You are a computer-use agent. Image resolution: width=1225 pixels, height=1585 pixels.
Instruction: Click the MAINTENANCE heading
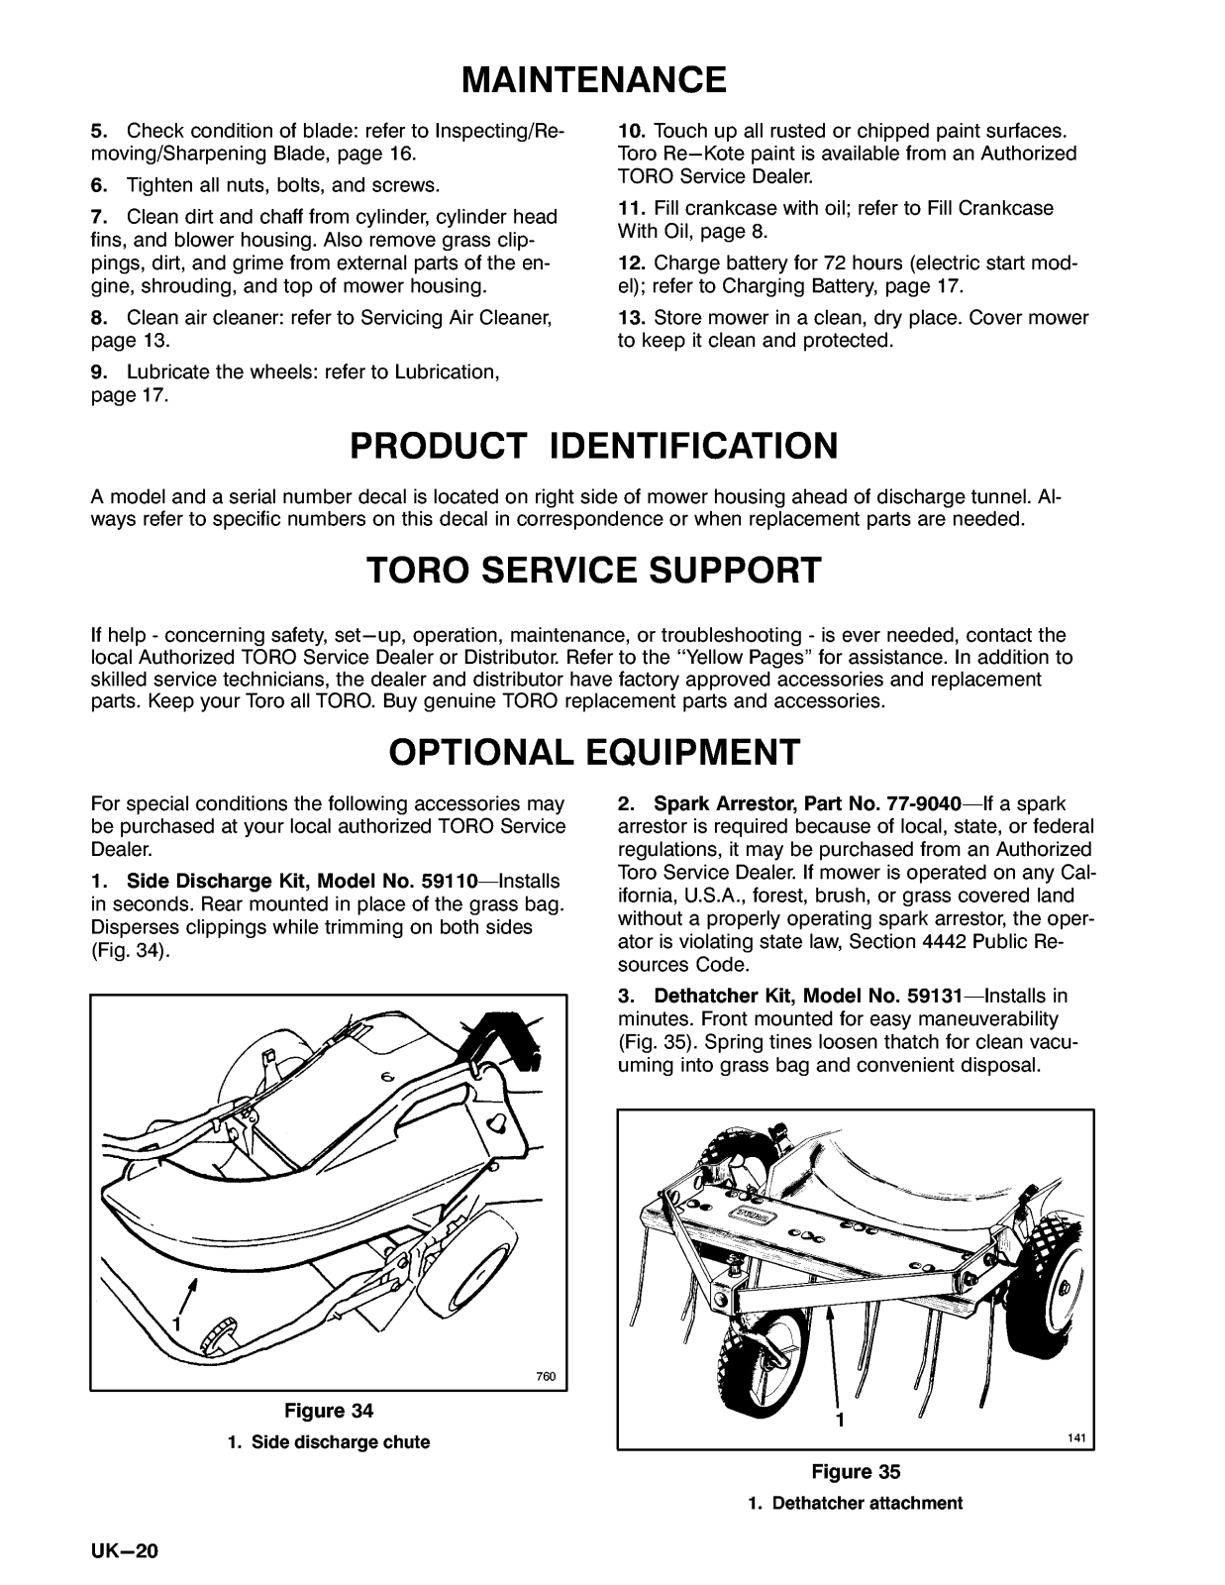[594, 78]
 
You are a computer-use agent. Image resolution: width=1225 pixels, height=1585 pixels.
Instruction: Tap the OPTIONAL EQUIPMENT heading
[594, 752]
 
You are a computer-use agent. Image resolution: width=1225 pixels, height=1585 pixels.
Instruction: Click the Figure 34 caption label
[329, 1410]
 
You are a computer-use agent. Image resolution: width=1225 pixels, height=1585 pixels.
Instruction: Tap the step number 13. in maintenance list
[632, 318]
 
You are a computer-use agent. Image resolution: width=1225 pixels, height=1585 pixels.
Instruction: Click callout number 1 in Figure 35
[840, 1420]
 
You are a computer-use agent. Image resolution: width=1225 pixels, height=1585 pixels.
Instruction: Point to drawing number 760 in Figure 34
[545, 1376]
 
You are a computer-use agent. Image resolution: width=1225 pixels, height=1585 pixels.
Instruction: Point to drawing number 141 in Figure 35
[1076, 1437]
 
